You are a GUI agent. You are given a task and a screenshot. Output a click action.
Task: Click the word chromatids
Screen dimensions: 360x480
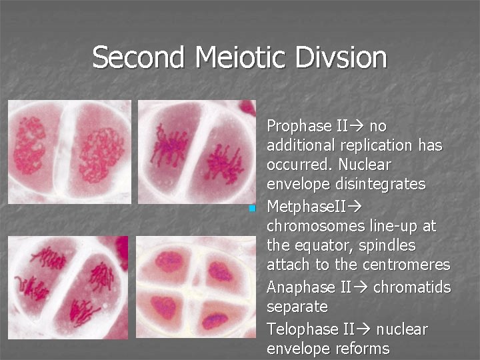[x=412, y=287]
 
